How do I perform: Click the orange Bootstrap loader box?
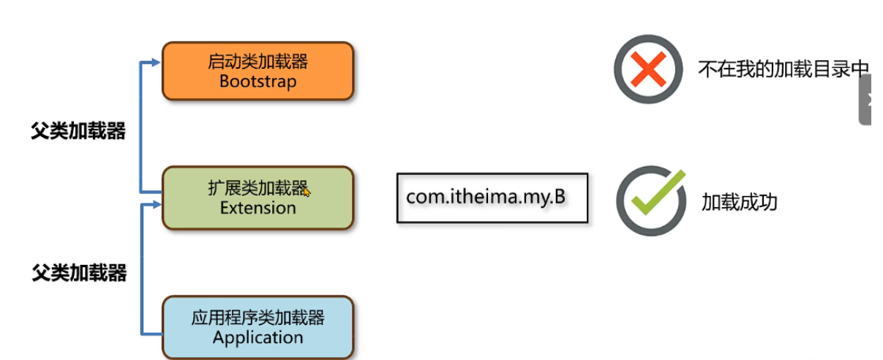(x=258, y=71)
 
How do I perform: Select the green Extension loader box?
(x=258, y=198)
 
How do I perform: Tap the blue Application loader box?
(x=258, y=327)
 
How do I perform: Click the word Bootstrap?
(x=258, y=81)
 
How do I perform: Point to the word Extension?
(x=258, y=208)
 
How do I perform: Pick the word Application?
(x=258, y=337)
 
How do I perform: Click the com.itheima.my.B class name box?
(x=492, y=198)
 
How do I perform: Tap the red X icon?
(x=648, y=70)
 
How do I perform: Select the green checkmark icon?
(x=650, y=200)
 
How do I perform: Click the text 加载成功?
(x=739, y=202)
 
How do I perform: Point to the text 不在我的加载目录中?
(x=783, y=70)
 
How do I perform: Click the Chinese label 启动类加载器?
(x=258, y=61)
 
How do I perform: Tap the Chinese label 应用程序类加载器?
(x=258, y=317)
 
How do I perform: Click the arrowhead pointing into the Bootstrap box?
(x=154, y=63)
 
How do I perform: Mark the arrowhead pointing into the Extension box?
(x=154, y=204)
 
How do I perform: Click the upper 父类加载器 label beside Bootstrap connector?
(x=78, y=131)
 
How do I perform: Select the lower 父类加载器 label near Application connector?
(x=79, y=274)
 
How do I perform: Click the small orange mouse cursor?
(x=307, y=192)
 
